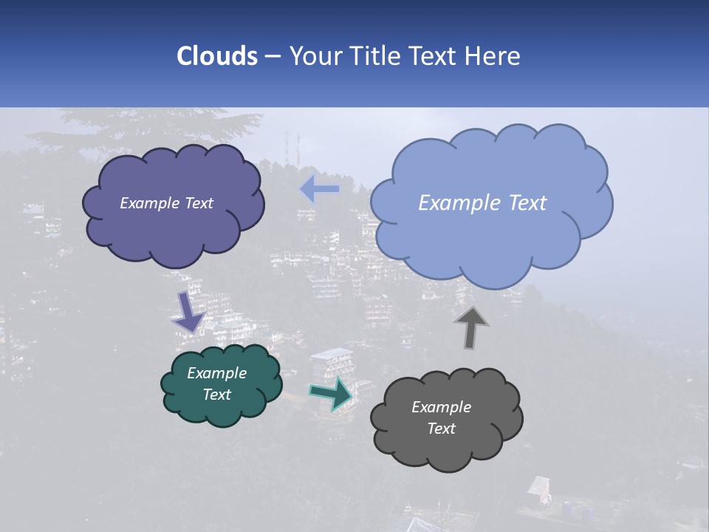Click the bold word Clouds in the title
[216, 56]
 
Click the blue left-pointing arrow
[319, 189]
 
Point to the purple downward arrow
[189, 311]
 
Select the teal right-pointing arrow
[332, 393]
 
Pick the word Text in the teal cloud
[216, 395]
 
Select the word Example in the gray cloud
[441, 407]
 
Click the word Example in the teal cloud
[216, 373]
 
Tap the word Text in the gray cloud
[441, 429]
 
